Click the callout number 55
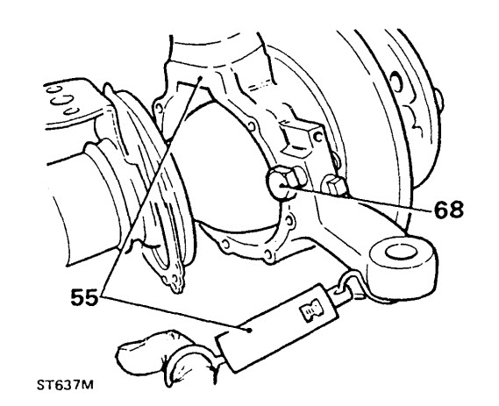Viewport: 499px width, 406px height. [x=84, y=298]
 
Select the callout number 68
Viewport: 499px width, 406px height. [x=449, y=210]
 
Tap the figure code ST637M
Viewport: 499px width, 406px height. [x=65, y=385]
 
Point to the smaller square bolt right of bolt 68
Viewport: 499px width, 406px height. [x=334, y=186]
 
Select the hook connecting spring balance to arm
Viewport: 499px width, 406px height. [x=350, y=283]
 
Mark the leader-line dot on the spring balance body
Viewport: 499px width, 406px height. [x=249, y=331]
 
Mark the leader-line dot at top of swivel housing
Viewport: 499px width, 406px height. [x=200, y=78]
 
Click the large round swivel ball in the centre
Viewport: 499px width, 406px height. [x=223, y=168]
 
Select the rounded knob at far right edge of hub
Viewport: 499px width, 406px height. [x=439, y=101]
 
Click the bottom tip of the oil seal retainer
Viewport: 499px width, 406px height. [x=175, y=290]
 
